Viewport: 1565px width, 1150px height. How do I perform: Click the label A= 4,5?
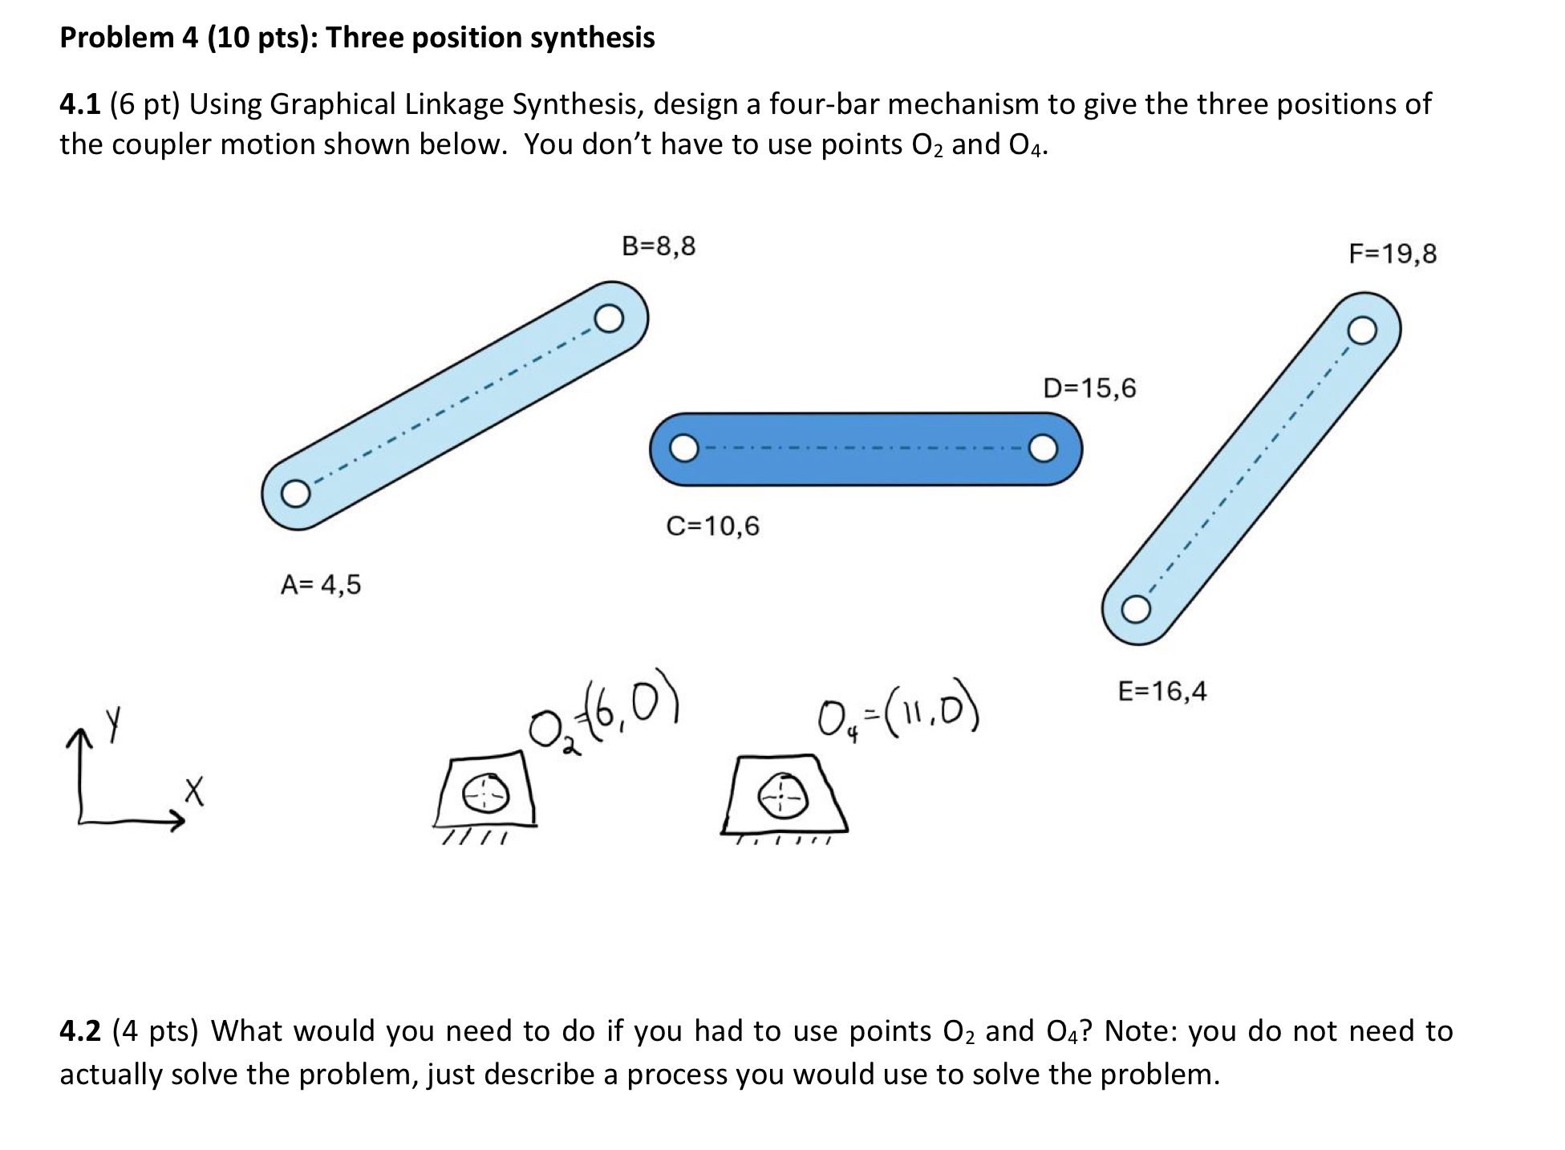coord(321,584)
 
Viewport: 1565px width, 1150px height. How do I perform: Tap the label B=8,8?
coord(659,246)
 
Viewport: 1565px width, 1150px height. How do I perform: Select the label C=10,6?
coord(712,526)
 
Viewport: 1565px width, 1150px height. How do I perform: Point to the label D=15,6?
coord(1089,388)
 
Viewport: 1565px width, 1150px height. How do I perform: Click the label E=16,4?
coord(1162,690)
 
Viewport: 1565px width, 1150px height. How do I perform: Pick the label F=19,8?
coord(1393,254)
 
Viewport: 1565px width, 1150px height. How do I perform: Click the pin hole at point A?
coord(294,493)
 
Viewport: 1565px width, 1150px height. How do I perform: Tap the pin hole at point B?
coord(608,319)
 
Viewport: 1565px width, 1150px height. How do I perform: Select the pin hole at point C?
coord(683,448)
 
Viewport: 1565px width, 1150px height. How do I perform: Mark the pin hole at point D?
coord(1043,449)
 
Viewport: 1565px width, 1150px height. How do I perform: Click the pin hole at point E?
coord(1134,610)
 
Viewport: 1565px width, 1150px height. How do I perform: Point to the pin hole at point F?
coord(1362,330)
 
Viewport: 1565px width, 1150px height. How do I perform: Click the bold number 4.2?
coord(80,1030)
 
